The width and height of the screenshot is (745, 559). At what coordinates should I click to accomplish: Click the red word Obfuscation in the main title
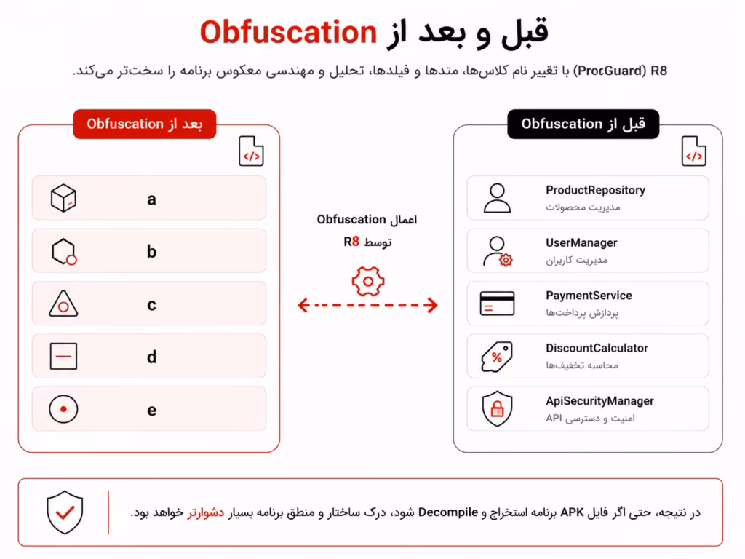pyautogui.click(x=288, y=32)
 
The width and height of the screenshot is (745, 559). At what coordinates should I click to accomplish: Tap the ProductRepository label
pyautogui.click(x=595, y=190)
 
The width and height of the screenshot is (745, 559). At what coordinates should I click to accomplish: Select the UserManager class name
pyautogui.click(x=581, y=243)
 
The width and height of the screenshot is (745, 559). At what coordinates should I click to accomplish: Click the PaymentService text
pyautogui.click(x=589, y=296)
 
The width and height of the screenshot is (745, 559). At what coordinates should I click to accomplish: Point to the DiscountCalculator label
pyautogui.click(x=597, y=349)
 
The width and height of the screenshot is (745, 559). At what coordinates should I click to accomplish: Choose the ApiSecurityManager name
pyautogui.click(x=599, y=401)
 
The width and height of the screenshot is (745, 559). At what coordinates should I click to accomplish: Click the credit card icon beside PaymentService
pyautogui.click(x=497, y=304)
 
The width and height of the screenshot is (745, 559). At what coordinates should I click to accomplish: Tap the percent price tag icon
pyautogui.click(x=497, y=356)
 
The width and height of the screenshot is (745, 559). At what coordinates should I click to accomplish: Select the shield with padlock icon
pyautogui.click(x=497, y=408)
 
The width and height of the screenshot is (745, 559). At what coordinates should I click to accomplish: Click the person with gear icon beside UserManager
pyautogui.click(x=497, y=251)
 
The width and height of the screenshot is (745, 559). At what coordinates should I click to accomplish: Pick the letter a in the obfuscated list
pyautogui.click(x=151, y=199)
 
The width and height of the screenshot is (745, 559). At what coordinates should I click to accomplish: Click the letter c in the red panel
pyautogui.click(x=151, y=305)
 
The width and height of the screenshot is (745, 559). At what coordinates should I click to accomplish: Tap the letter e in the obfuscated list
pyautogui.click(x=151, y=411)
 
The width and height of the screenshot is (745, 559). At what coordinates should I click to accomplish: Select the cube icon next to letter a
pyautogui.click(x=63, y=198)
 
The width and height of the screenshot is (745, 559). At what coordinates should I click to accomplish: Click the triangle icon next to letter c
pyautogui.click(x=63, y=304)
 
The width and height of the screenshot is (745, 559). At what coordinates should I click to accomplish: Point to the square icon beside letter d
pyautogui.click(x=63, y=356)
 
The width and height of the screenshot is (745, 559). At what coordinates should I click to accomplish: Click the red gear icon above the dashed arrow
pyautogui.click(x=367, y=282)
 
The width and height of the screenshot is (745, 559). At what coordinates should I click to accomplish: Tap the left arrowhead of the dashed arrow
pyautogui.click(x=303, y=305)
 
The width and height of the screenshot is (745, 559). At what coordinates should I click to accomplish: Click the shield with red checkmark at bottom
pyautogui.click(x=65, y=512)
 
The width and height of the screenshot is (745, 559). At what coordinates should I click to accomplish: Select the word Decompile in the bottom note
pyautogui.click(x=447, y=512)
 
